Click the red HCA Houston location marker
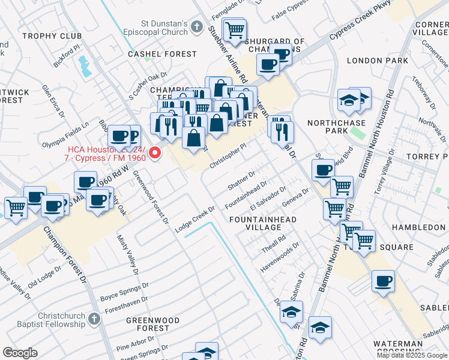coord(155,154)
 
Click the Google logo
coord(20,353)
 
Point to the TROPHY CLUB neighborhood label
coord(52,36)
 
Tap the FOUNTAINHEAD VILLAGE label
coord(263,224)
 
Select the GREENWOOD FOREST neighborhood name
coord(152,324)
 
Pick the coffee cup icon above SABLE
coord(384,281)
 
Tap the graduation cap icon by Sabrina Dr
coord(292,313)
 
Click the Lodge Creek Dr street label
coord(195,220)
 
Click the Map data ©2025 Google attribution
coord(412,355)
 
